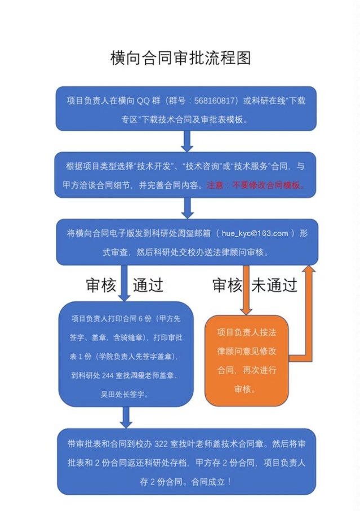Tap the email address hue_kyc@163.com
pos(255,234)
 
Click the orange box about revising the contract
pos(246,361)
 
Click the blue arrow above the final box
pos(126,417)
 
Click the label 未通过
pos(274,285)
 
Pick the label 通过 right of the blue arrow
pos(148,285)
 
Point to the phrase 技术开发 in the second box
pos(156,167)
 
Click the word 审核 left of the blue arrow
pos(101,285)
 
